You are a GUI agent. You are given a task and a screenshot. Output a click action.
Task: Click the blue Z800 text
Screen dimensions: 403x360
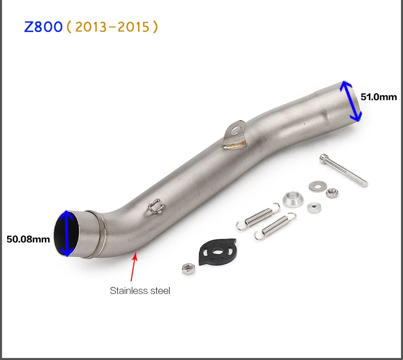pos(43,27)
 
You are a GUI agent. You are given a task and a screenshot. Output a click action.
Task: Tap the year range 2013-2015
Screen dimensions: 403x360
pos(112,27)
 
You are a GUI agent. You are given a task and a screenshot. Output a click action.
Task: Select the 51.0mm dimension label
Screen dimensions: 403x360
pos(378,97)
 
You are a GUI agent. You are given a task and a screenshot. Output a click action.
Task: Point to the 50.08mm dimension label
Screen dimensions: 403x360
pos(28,239)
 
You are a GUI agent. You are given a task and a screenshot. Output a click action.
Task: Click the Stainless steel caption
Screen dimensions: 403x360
pos(140,291)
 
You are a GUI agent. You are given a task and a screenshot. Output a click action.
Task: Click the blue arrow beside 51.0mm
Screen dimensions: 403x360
pos(351,101)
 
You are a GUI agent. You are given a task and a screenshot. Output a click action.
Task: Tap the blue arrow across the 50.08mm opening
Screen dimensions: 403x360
pos(67,233)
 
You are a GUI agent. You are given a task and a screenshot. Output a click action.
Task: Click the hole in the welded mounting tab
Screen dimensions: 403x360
pos(235,130)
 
